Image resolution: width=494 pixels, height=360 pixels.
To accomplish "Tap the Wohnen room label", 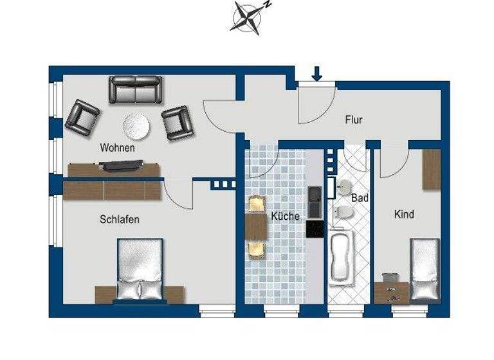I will [x=117, y=148].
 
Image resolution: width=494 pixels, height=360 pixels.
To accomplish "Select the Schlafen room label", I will [x=120, y=219].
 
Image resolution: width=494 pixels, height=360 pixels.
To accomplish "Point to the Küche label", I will [x=285, y=216].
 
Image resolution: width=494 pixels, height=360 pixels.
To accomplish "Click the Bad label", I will [x=360, y=199].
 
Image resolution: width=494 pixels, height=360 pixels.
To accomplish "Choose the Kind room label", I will [x=404, y=214].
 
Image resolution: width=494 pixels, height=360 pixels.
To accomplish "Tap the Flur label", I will [x=354, y=120].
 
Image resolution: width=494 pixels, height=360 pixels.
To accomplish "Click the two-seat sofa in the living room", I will [x=135, y=89].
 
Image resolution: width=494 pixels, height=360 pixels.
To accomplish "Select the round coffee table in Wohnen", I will [x=136, y=126].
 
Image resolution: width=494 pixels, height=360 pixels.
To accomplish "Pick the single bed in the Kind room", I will [x=425, y=269].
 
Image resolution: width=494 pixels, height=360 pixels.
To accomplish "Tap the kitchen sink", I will [x=315, y=203].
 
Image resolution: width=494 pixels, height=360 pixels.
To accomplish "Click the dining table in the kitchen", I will [x=256, y=226].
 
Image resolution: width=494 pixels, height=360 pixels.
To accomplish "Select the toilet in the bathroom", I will [x=343, y=212].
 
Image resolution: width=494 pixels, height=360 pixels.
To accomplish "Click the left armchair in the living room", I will [x=82, y=118].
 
